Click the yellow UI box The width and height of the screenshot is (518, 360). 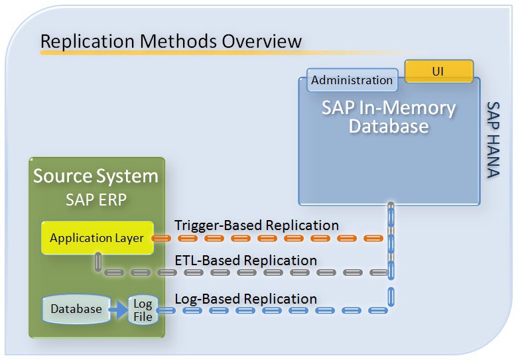(x=438, y=71)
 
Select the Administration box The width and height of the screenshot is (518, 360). (x=352, y=80)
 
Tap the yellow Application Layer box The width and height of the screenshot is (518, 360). (x=97, y=238)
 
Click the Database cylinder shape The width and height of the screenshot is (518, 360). (x=76, y=309)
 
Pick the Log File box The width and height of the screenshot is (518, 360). (x=143, y=310)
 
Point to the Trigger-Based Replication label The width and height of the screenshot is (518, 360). (x=257, y=225)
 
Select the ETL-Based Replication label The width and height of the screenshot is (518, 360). (x=245, y=260)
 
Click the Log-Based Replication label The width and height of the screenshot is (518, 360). (x=245, y=298)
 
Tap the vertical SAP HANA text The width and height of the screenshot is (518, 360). (x=493, y=140)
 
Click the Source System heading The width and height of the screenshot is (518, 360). (x=96, y=176)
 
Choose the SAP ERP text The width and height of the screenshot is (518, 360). (x=96, y=199)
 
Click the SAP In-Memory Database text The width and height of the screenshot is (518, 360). (x=389, y=117)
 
